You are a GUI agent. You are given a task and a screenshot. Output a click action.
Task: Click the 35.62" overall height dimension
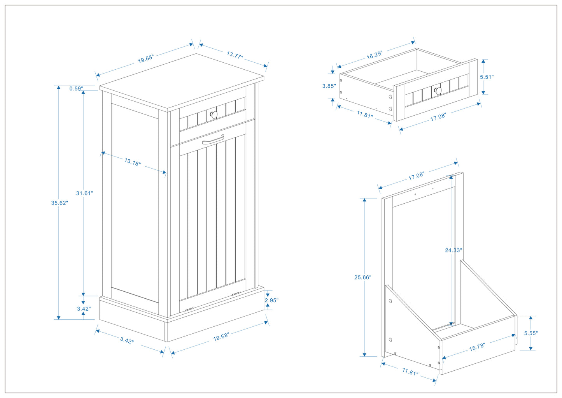click(60, 203)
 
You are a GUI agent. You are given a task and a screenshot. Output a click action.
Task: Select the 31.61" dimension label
click(84, 193)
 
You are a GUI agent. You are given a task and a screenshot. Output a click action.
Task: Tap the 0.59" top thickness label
click(76, 89)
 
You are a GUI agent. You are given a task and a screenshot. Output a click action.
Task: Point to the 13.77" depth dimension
click(235, 55)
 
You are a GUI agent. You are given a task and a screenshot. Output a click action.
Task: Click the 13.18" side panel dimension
click(133, 162)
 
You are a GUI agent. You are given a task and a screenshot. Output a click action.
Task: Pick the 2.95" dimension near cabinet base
click(271, 300)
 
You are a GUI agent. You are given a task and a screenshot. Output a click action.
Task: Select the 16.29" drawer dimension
click(375, 55)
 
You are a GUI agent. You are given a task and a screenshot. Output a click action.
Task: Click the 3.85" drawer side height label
click(329, 86)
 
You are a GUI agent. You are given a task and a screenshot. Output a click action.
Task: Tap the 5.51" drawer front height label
click(487, 77)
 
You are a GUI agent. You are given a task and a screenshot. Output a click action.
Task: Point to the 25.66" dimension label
click(362, 278)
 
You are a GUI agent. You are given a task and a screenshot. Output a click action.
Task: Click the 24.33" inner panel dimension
click(453, 250)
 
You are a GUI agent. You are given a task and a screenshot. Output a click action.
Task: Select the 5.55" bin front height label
click(530, 333)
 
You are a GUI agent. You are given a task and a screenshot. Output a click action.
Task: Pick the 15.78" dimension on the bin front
click(477, 347)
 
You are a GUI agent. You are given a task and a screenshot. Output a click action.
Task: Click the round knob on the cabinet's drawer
click(214, 114)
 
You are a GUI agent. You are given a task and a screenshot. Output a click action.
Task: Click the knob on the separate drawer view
click(438, 91)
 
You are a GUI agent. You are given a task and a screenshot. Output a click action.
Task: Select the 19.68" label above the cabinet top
click(146, 59)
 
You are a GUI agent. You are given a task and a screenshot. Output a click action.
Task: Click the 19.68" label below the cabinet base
click(221, 337)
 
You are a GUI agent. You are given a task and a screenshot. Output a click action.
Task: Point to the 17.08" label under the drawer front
click(438, 117)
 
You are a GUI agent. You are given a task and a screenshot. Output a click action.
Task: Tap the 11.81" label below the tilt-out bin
click(410, 372)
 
